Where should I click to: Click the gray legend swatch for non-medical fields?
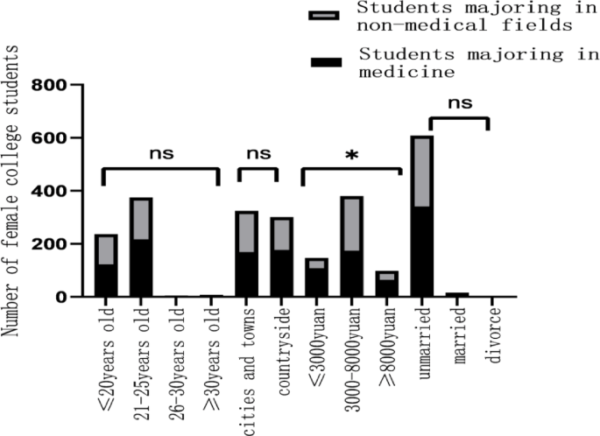pyautogui.click(x=323, y=16)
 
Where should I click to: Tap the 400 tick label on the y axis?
pyautogui.click(x=53, y=191)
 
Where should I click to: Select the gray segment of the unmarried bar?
pyautogui.click(x=422, y=172)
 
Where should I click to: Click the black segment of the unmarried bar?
pyautogui.click(x=422, y=252)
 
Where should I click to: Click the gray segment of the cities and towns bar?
pyautogui.click(x=246, y=232)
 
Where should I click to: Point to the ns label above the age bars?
pyautogui.click(x=161, y=154)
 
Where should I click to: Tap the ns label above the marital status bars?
pyautogui.click(x=459, y=102)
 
